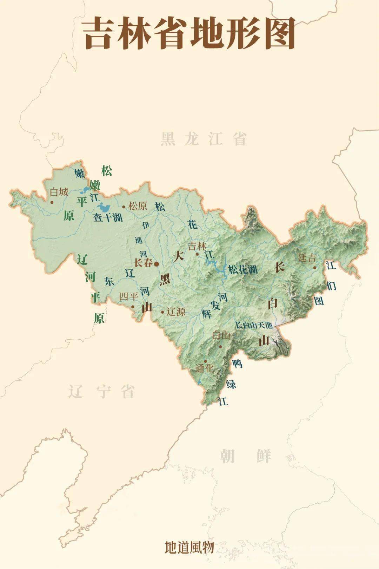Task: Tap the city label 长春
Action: pyautogui.click(x=143, y=263)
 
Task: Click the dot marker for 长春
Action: pyautogui.click(x=157, y=263)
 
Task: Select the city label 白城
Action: pyautogui.click(x=59, y=192)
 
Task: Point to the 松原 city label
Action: pyautogui.click(x=138, y=206)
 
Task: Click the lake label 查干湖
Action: pyautogui.click(x=108, y=217)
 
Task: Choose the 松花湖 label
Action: pyautogui.click(x=243, y=269)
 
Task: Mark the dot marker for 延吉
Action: pyautogui.click(x=315, y=268)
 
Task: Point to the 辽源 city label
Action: pyautogui.click(x=176, y=312)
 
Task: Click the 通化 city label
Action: pyautogui.click(x=205, y=368)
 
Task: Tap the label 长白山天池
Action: pyautogui.click(x=253, y=325)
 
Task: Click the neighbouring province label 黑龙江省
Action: pyautogui.click(x=204, y=139)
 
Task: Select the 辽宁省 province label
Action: pyautogui.click(x=101, y=391)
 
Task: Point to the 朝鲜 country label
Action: pyautogui.click(x=246, y=456)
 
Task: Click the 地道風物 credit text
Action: pyautogui.click(x=189, y=547)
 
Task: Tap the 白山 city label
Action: pyautogui.click(x=221, y=336)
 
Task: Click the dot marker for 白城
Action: pyautogui.click(x=52, y=202)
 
